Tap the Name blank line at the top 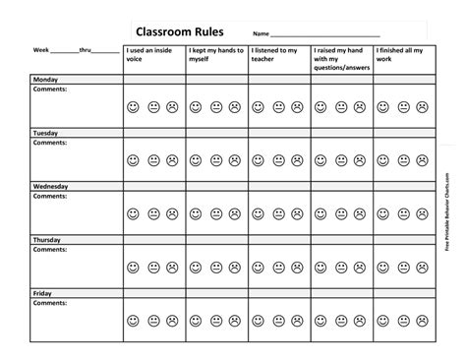click(x=324, y=34)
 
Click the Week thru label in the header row click(x=76, y=49)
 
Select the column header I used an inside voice click(x=153, y=54)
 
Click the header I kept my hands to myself click(x=215, y=54)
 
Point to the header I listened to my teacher click(x=277, y=54)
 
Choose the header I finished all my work click(x=403, y=54)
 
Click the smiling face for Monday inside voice click(x=134, y=106)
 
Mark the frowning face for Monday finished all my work click(x=424, y=106)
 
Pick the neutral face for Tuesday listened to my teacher click(x=278, y=159)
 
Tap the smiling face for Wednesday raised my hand click(x=322, y=213)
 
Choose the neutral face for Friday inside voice click(x=153, y=321)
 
